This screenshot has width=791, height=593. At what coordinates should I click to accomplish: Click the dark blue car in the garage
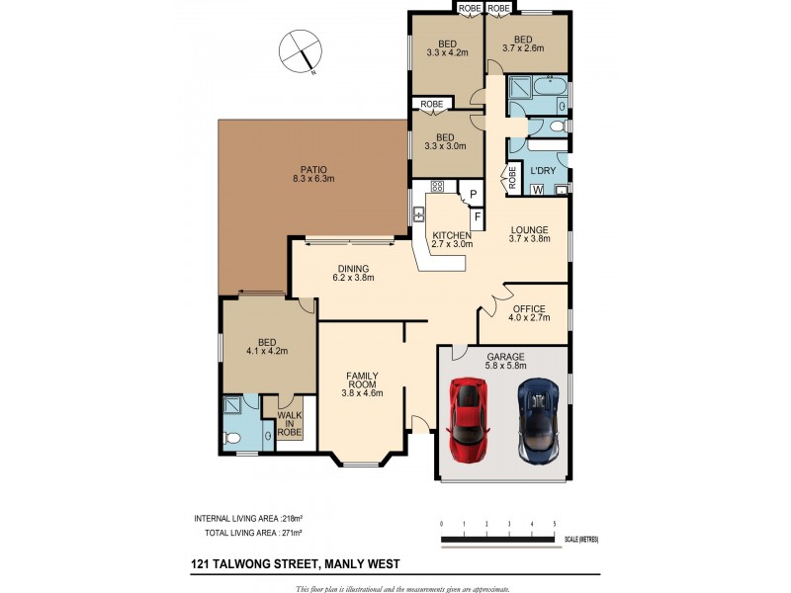click(x=539, y=421)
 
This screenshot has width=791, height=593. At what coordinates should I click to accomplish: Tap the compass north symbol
click(x=301, y=51)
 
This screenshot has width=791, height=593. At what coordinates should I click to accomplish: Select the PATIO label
click(x=313, y=170)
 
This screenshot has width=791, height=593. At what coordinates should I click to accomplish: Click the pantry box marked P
click(x=474, y=194)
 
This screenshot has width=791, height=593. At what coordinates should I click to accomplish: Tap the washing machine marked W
click(x=538, y=191)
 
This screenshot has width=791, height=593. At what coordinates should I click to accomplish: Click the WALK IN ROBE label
click(x=289, y=424)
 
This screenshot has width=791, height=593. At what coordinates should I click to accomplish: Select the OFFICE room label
click(x=529, y=308)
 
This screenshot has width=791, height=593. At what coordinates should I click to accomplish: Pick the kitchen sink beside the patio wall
click(x=418, y=214)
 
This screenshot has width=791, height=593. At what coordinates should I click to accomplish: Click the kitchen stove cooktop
click(x=437, y=186)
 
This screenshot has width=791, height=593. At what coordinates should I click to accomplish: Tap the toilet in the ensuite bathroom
click(x=232, y=439)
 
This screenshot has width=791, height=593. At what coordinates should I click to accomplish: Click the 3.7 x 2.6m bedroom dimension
click(x=523, y=48)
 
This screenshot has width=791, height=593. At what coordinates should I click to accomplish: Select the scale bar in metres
click(x=502, y=540)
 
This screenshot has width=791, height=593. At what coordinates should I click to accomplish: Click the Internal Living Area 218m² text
click(x=248, y=518)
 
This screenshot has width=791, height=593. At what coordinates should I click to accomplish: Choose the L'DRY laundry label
click(x=543, y=170)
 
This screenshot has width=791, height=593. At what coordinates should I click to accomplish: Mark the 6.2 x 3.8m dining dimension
click(x=353, y=278)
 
